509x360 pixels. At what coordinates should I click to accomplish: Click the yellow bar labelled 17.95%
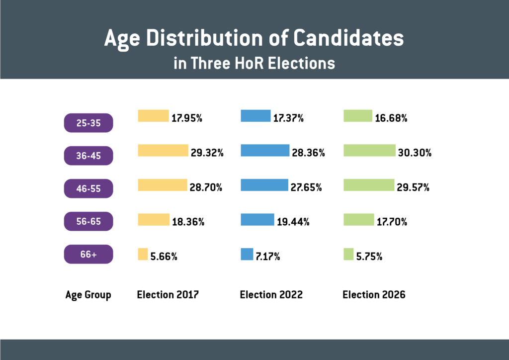pos(153,116)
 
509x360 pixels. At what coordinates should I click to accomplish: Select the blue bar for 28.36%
pos(265,150)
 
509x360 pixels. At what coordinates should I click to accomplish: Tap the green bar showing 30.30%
pos(369,150)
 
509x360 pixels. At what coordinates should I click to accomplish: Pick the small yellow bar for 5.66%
pos(143,254)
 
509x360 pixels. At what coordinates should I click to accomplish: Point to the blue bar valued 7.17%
pos(247,254)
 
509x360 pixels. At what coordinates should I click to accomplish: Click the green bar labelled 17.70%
pos(358,219)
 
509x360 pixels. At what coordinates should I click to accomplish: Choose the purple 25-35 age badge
pos(89,123)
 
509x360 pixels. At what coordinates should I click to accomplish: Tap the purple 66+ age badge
pos(89,254)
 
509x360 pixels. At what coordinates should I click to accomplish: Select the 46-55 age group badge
pos(89,188)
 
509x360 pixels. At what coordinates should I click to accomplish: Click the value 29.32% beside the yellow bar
pos(207,153)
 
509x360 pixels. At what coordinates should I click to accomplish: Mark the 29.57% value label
pos(413,188)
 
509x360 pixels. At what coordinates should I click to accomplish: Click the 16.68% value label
pos(391,118)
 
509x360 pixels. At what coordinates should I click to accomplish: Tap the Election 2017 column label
pos(168,294)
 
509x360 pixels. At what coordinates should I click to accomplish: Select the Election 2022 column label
pos(271,294)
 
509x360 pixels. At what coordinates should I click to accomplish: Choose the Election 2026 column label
pos(374,294)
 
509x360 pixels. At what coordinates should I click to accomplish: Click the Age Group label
pos(88,295)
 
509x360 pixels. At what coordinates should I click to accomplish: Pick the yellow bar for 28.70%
pos(163,185)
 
